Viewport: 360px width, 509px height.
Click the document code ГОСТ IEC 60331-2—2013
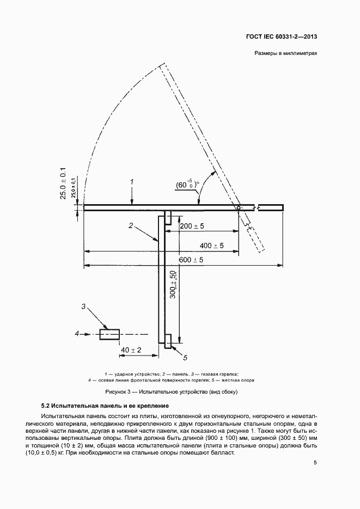(282, 36)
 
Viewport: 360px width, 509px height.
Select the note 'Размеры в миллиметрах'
(285, 53)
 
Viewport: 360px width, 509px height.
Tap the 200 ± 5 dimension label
(192, 226)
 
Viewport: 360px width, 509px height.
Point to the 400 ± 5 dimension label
(211, 246)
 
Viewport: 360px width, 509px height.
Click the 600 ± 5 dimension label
(191, 260)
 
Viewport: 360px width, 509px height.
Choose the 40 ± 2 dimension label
(131, 350)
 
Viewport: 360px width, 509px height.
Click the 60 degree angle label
(187, 185)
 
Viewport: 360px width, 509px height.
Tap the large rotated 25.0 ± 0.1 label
(63, 183)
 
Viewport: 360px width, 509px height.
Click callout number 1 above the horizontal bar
(132, 182)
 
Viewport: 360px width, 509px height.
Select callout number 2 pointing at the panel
(131, 225)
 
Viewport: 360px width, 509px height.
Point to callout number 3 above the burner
(83, 306)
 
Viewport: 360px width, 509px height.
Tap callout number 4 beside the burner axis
(77, 333)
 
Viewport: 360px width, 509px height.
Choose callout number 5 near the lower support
(185, 358)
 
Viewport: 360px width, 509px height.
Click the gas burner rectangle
(109, 334)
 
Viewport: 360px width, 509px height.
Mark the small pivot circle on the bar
(239, 207)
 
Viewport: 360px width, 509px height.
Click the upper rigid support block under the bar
(168, 217)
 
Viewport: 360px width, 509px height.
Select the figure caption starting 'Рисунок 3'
(172, 392)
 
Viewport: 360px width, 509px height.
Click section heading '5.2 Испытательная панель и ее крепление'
(105, 406)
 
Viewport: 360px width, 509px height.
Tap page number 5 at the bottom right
(315, 463)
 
